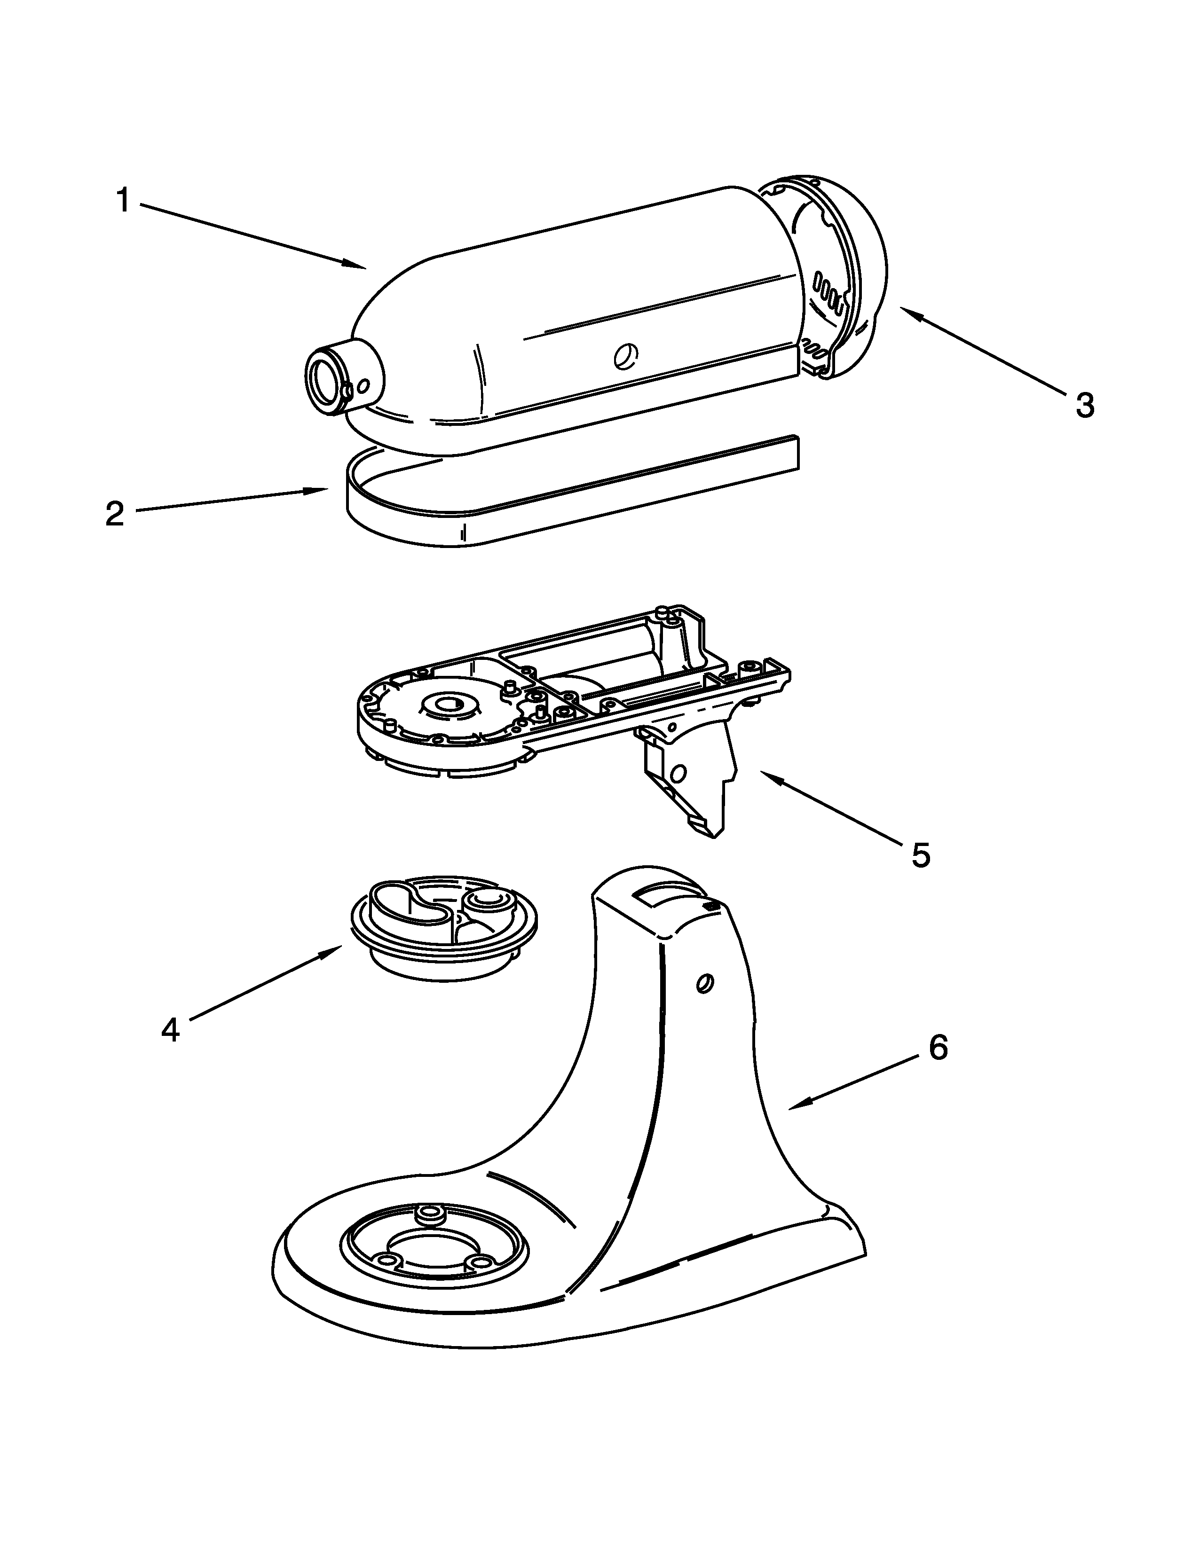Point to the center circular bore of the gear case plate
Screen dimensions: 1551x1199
[x=448, y=705]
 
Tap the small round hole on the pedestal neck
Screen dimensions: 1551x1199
[x=705, y=984]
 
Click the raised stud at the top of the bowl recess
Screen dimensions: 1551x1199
[x=429, y=1213]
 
